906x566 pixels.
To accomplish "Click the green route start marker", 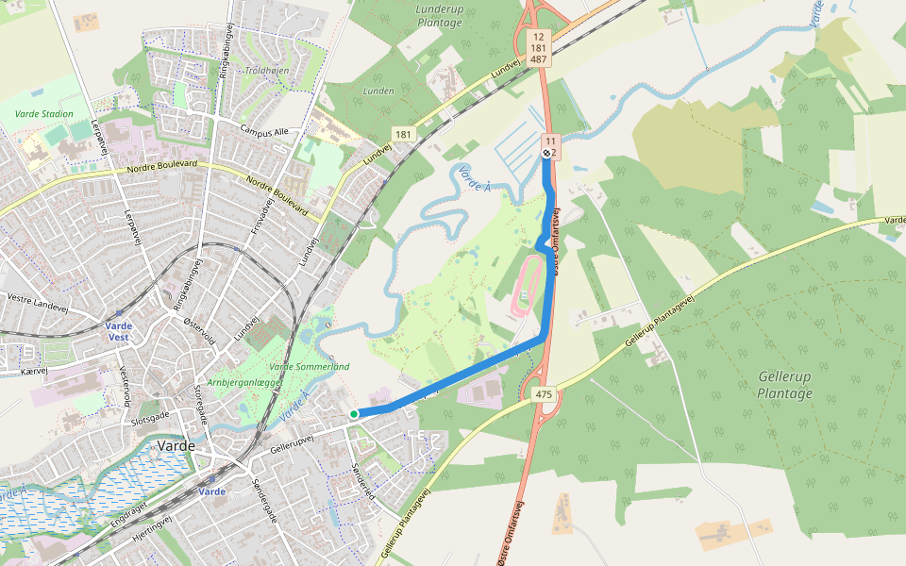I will pyautogui.click(x=354, y=414).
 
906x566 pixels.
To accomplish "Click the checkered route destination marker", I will pyautogui.click(x=546, y=152).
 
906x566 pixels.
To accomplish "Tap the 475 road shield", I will pyautogui.click(x=543, y=395).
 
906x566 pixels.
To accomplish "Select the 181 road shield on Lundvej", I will pyautogui.click(x=404, y=135).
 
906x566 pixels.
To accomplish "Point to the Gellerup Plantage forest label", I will pyautogui.click(x=784, y=384).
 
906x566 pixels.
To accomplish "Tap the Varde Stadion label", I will pyautogui.click(x=44, y=114).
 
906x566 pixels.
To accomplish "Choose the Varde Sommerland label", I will pyautogui.click(x=310, y=366).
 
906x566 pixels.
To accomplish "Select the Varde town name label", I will pyautogui.click(x=176, y=445).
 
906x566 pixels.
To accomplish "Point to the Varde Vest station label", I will pyautogui.click(x=119, y=331).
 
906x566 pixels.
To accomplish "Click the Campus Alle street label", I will pyautogui.click(x=264, y=132).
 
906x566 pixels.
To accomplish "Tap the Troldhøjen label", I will pyautogui.click(x=267, y=70).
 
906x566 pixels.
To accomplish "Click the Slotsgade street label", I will pyautogui.click(x=151, y=417).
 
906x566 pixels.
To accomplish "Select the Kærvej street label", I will pyautogui.click(x=33, y=372).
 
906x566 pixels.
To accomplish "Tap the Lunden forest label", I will pyautogui.click(x=378, y=91).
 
